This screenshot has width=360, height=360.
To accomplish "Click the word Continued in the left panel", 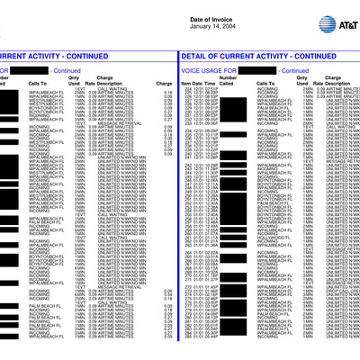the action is (x=67, y=70).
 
